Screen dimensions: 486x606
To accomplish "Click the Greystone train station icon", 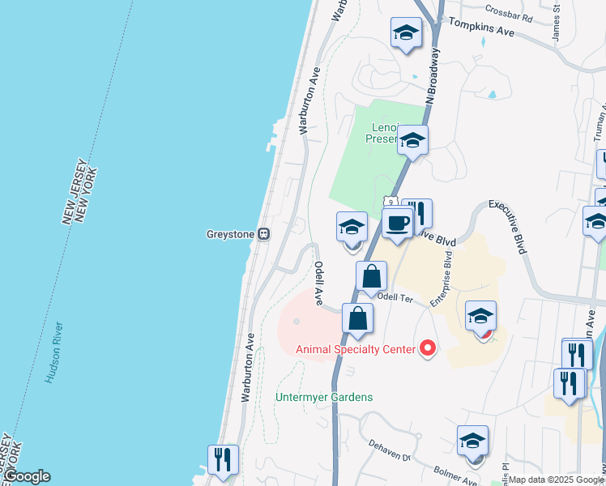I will coord(263,234).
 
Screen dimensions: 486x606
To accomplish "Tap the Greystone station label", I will coord(230,234).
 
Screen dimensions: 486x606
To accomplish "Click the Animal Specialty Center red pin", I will coord(428,349).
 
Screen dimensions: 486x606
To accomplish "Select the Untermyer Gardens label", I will coord(324,397).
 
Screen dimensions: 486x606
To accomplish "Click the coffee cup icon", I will coord(397,224).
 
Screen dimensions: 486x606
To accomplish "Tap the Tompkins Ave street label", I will coord(481,29).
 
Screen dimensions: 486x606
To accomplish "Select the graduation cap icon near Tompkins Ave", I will coord(406,33).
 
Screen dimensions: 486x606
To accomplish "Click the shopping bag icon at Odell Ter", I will coord(371,277).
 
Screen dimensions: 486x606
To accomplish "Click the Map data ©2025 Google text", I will coord(556,480).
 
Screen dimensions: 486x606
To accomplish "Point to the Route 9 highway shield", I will coord(390,202).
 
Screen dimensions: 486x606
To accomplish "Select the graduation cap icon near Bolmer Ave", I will coord(472,441).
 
